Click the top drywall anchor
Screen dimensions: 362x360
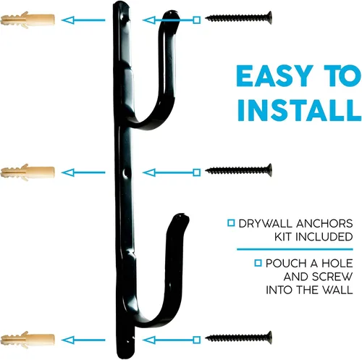point(28,20)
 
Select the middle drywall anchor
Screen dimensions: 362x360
point(28,172)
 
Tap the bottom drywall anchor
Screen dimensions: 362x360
point(28,340)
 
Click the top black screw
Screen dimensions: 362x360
point(238,17)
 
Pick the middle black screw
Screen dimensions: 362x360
point(238,170)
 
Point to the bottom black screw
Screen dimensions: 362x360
point(238,338)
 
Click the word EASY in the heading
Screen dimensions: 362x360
point(274,76)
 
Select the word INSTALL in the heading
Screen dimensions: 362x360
point(299,110)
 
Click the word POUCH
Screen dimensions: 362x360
point(286,263)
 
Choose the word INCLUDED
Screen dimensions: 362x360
point(324,237)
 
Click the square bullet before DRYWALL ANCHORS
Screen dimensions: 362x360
point(231,223)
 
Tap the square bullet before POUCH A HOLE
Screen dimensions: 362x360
point(258,263)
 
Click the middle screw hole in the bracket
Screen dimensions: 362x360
point(125,173)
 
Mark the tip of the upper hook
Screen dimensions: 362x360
point(172,12)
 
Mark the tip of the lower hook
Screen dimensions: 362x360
point(182,215)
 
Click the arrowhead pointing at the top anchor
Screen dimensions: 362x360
point(67,20)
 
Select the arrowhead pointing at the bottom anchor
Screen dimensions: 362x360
point(67,340)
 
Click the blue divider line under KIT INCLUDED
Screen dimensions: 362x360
point(295,249)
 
